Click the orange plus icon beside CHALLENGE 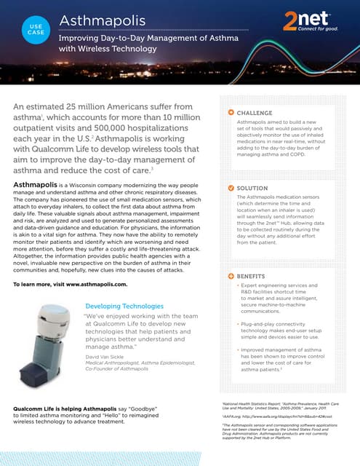coord(231,113)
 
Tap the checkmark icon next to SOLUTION coord(231,188)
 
